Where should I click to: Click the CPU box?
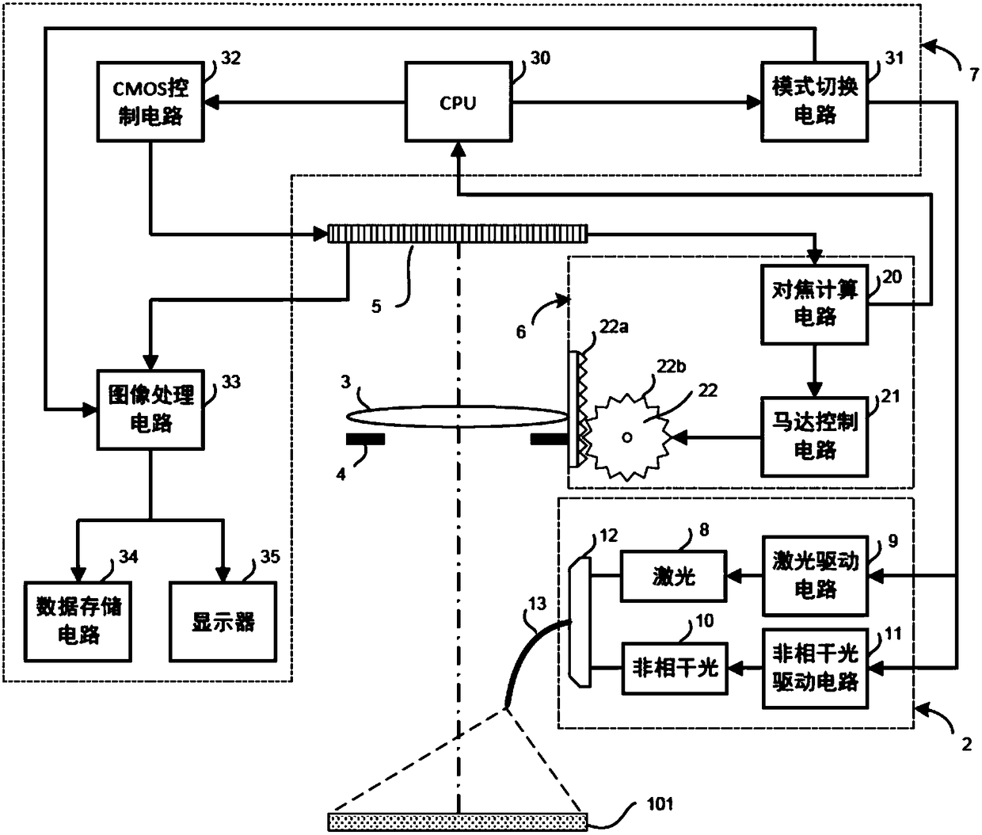(458, 102)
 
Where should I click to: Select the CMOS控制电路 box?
(150, 102)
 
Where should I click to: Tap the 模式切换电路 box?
(814, 102)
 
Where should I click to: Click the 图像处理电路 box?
(150, 409)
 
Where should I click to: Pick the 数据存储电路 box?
(78, 621)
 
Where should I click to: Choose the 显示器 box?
(223, 621)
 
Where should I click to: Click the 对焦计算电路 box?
(814, 303)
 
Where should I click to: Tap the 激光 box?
(673, 577)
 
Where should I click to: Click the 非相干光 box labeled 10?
(673, 668)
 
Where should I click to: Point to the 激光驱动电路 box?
(814, 577)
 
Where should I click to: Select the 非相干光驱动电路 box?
(814, 668)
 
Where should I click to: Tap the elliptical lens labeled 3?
(458, 417)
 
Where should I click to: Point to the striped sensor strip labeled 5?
(458, 234)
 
